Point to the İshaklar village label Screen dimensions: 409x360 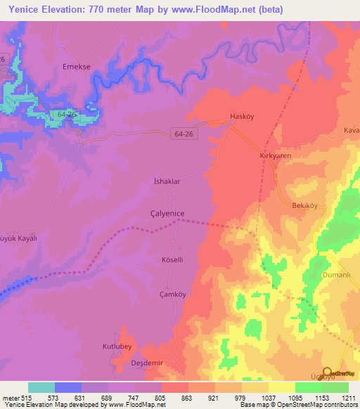point(167,181)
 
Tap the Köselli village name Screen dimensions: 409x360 point(172,259)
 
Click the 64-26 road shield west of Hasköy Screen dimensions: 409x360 point(182,132)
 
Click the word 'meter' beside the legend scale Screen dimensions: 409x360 point(10,398)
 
